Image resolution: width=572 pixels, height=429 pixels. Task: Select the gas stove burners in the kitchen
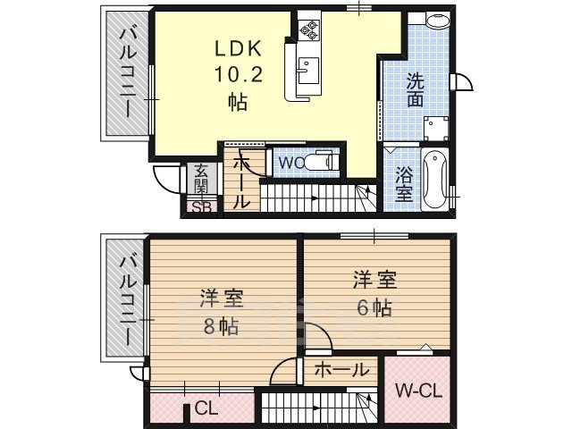pyautogui.click(x=309, y=29)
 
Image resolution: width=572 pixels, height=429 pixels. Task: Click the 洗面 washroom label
pyautogui.click(x=416, y=88)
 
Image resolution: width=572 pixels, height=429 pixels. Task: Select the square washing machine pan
pyautogui.click(x=435, y=129)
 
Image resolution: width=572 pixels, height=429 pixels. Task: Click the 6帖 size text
pyautogui.click(x=374, y=307)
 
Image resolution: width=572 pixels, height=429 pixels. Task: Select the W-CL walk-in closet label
pyautogui.click(x=416, y=391)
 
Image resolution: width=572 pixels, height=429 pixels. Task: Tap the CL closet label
pyautogui.click(x=206, y=409)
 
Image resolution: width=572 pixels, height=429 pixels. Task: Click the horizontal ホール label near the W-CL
pyautogui.click(x=341, y=369)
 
